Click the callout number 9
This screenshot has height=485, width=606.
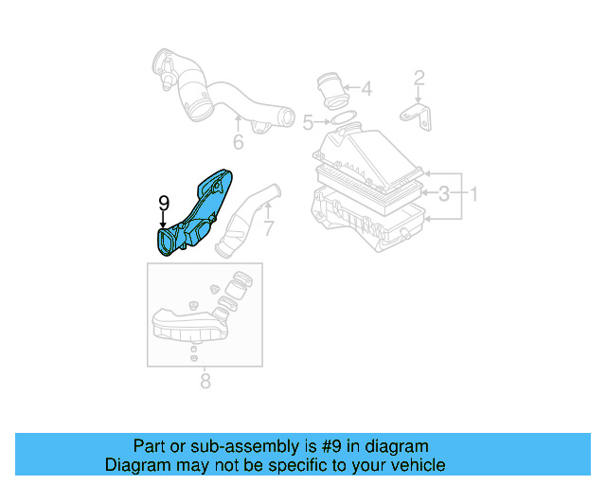tap(164, 203)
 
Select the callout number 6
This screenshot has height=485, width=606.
tap(238, 142)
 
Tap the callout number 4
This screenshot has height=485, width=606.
tap(366, 90)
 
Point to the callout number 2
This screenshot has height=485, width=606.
tap(419, 78)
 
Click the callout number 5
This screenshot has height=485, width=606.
tap(308, 122)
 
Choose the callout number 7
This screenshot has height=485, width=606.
tap(268, 228)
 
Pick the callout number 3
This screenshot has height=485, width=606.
tap(443, 194)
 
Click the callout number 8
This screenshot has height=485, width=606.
tap(205, 382)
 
